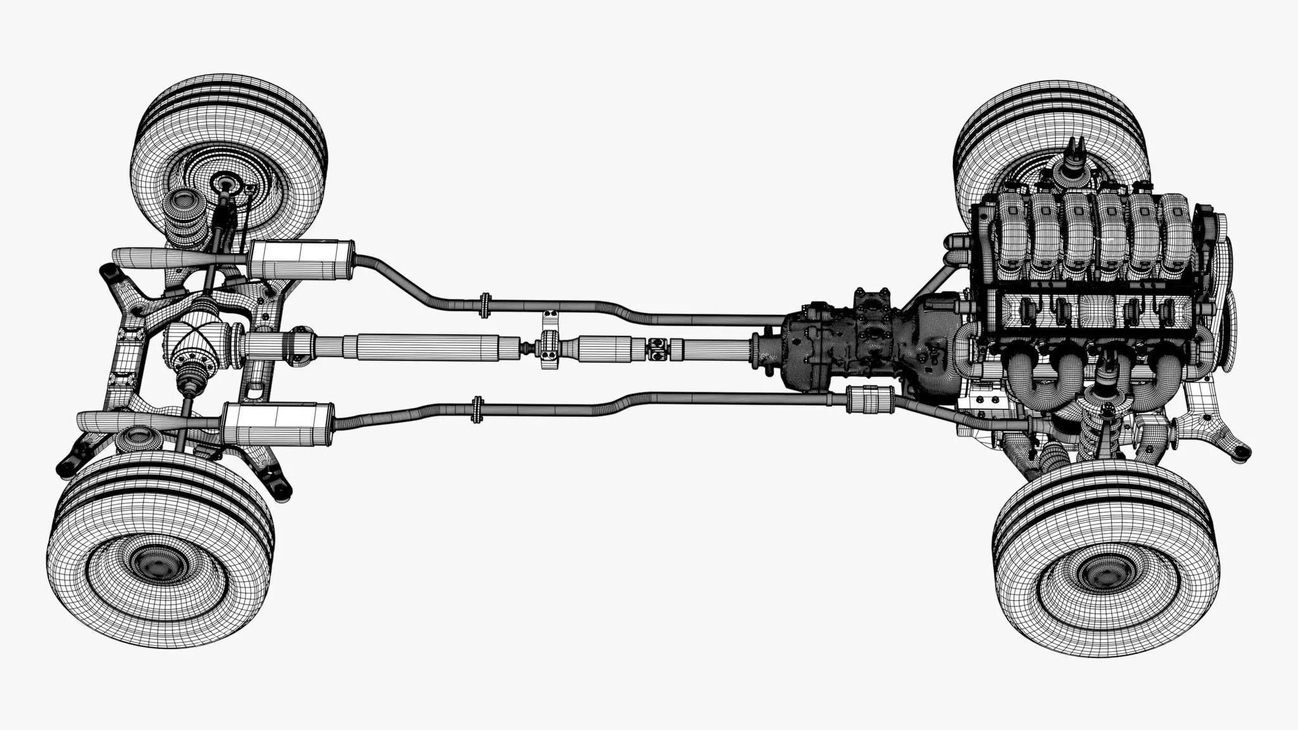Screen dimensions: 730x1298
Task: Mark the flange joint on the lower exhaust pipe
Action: pos(477,409)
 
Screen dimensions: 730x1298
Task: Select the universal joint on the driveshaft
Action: pos(658,347)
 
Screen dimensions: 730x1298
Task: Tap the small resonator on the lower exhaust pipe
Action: pos(870,400)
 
